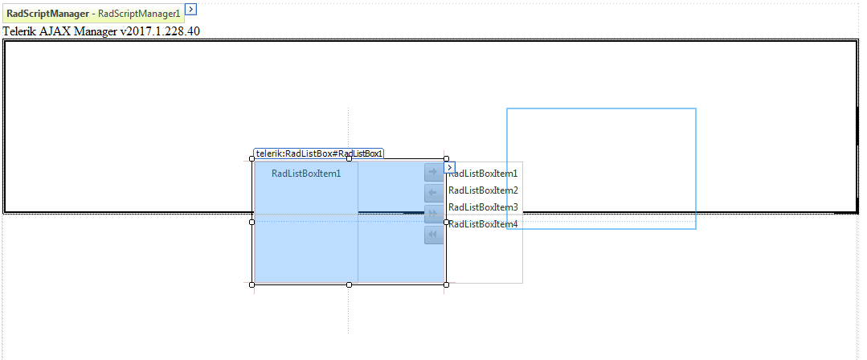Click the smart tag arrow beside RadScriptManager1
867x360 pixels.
[190, 9]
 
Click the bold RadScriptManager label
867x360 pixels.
[47, 14]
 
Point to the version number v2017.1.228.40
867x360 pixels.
[159, 31]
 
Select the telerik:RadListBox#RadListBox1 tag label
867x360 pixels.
[319, 153]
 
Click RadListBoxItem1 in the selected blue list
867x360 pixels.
[306, 173]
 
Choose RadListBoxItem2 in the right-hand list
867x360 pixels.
[483, 190]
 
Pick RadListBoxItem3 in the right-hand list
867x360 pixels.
[483, 207]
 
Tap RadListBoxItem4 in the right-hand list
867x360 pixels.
[483, 224]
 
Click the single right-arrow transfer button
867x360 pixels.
[433, 172]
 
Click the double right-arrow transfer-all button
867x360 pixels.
[433, 214]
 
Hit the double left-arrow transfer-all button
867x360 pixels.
[433, 235]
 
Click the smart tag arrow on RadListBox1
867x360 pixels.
[450, 167]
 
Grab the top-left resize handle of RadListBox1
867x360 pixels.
[252, 159]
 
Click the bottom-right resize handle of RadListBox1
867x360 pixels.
[446, 284]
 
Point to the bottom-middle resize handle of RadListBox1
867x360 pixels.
[349, 284]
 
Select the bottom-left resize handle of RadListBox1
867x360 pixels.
[252, 284]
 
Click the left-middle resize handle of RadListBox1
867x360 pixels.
[252, 222]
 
